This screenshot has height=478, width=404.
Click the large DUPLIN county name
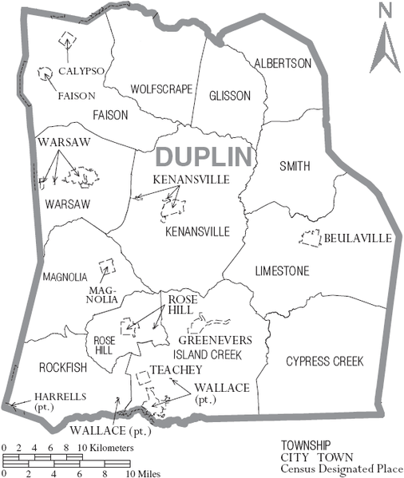click(x=204, y=156)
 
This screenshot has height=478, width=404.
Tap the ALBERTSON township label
click(x=282, y=64)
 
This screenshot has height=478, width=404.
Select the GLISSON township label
click(x=230, y=96)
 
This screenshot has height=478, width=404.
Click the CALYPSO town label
click(x=82, y=71)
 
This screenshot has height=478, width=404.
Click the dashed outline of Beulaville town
click(x=309, y=238)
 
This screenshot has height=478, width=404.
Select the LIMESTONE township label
click(x=282, y=271)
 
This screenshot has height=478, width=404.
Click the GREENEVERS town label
click(x=220, y=340)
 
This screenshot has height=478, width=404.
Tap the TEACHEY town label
click(x=174, y=369)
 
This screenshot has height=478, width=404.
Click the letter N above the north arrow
click(x=384, y=10)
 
